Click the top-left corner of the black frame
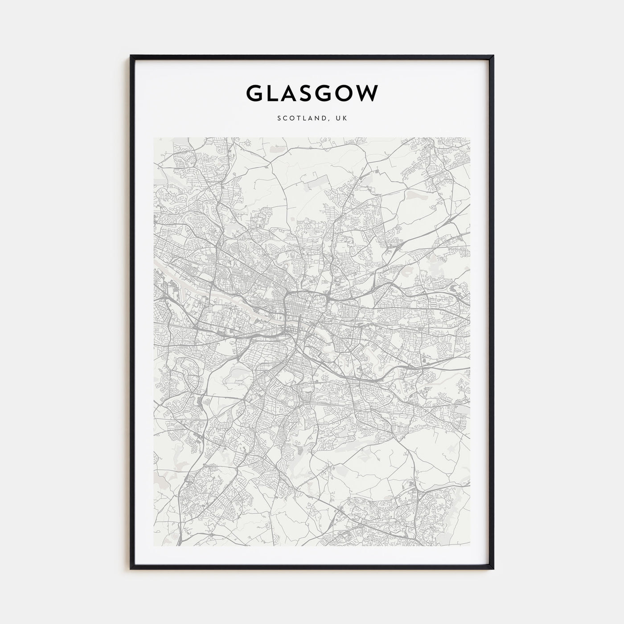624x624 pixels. coord(131,56)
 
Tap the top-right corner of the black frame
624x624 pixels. coord(493,56)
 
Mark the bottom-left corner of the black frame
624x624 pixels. coord(131,569)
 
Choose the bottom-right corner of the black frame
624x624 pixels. coord(493,569)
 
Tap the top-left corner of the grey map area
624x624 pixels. coord(154,138)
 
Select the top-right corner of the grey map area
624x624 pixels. coord(470,138)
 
